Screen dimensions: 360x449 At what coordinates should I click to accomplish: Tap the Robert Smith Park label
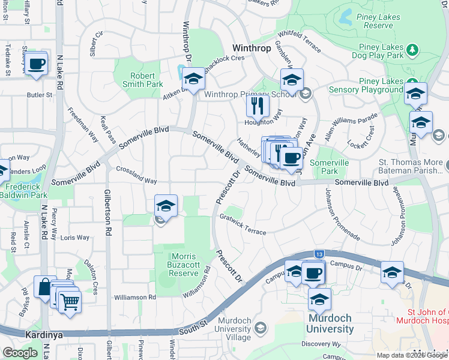(143, 80)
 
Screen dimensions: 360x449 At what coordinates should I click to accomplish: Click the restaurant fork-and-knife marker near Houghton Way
(256, 106)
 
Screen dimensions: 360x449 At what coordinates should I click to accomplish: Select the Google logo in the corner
(20, 353)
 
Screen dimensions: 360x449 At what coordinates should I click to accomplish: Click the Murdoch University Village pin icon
(261, 328)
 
